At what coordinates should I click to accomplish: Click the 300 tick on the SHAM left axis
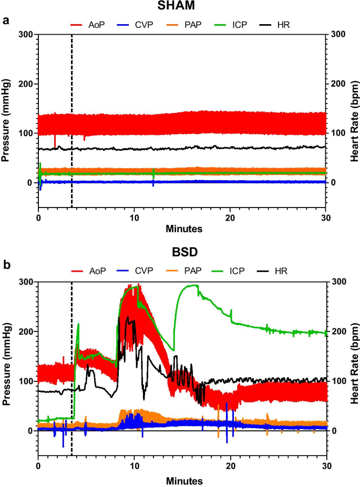(x=26, y=35)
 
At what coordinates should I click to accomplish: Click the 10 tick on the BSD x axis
(x=134, y=466)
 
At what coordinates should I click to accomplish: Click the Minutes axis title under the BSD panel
(x=182, y=480)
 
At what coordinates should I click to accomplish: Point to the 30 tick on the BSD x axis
(x=326, y=466)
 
